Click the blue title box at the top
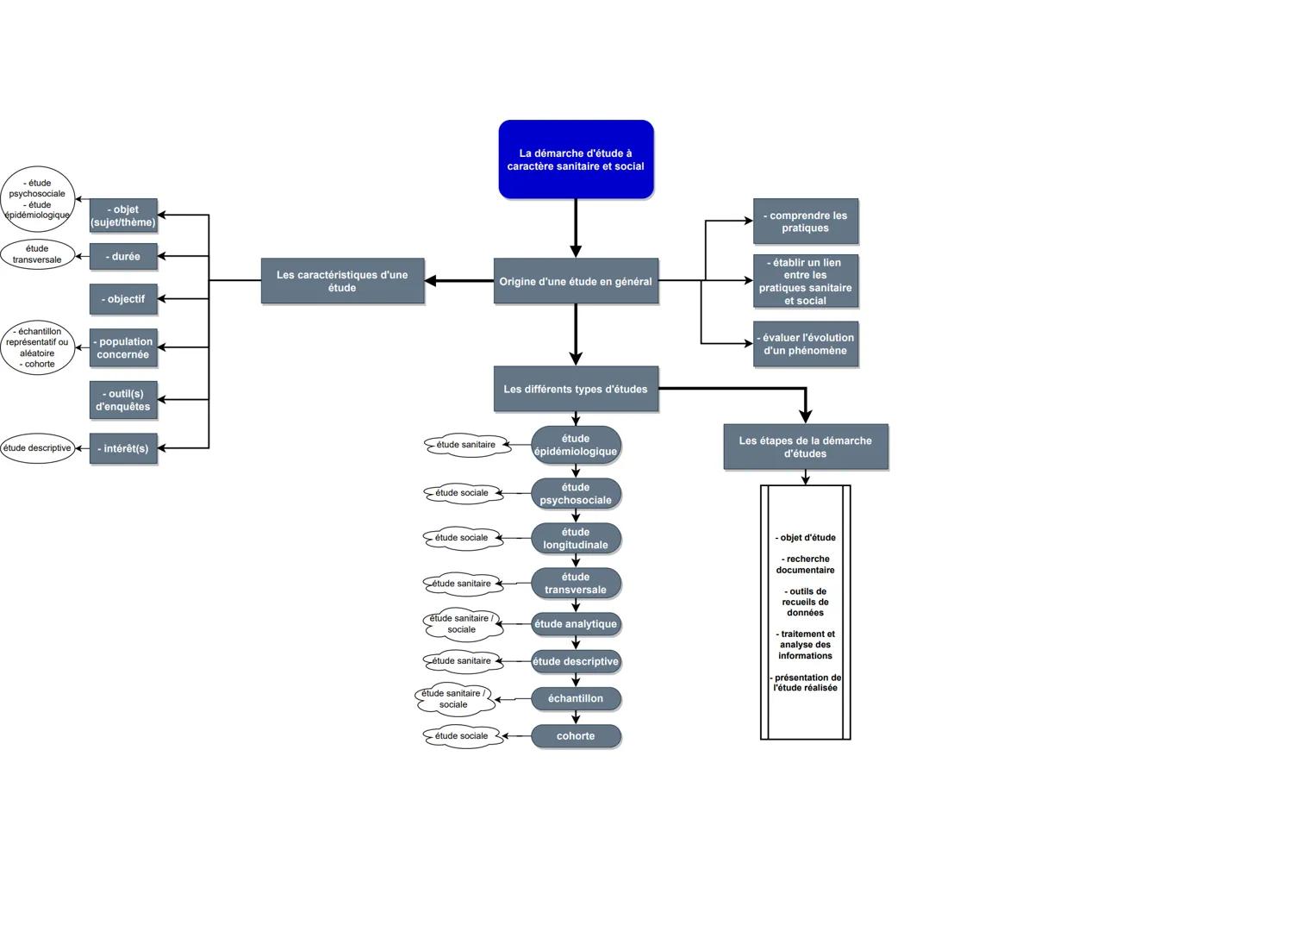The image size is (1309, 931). click(x=576, y=159)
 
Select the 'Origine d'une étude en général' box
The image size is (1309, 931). click(x=576, y=281)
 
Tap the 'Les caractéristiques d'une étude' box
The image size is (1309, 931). click(x=342, y=281)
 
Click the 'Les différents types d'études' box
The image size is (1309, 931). click(x=576, y=389)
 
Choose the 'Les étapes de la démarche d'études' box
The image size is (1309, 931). click(x=805, y=447)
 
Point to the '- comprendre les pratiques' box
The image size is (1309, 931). click(x=805, y=222)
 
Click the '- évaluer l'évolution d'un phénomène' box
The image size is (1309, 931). click(x=805, y=344)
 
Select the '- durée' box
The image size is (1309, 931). click(x=123, y=256)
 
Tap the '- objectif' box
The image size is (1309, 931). click(x=123, y=299)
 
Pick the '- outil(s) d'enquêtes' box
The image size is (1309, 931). click(x=123, y=400)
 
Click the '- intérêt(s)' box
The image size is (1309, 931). click(x=123, y=448)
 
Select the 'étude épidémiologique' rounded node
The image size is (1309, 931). click(x=576, y=445)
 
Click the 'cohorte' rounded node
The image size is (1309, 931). click(x=576, y=736)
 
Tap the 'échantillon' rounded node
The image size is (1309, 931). click(x=576, y=698)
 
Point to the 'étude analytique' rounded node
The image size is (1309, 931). click(x=576, y=624)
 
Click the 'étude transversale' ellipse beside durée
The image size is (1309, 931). click(x=37, y=254)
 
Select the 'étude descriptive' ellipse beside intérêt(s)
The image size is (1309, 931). click(x=37, y=448)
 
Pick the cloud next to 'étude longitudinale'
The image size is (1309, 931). click(x=462, y=538)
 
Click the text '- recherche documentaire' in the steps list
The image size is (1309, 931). click(x=805, y=565)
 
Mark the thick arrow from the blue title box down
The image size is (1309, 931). click(x=576, y=228)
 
